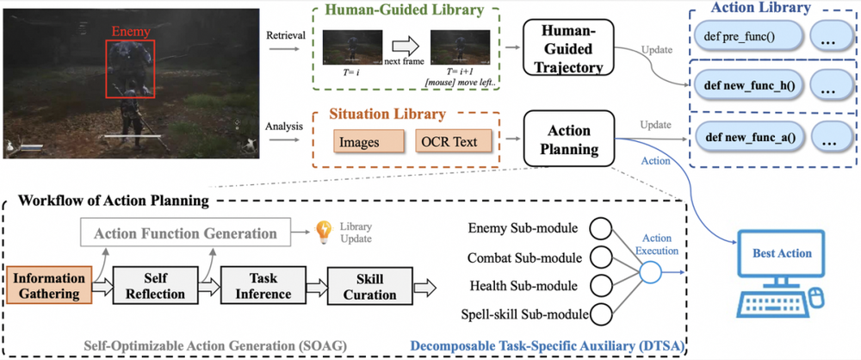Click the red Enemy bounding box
(130, 69)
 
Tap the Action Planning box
(569, 140)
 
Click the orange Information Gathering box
(49, 286)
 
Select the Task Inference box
(263, 286)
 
